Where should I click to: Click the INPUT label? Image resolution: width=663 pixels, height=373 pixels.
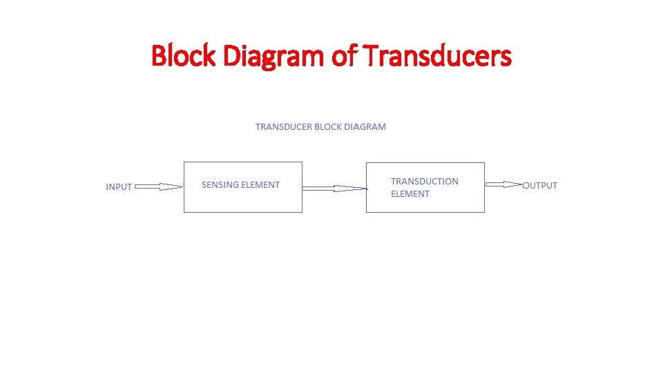119,187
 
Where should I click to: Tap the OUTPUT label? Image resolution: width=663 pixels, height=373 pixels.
540,185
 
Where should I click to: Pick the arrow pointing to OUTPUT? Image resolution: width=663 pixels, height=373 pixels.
503,184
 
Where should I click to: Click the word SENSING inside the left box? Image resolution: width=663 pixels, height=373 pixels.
219,185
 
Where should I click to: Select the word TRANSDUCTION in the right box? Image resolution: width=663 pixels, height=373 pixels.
424,182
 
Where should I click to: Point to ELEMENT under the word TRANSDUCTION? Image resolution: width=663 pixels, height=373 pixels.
410,194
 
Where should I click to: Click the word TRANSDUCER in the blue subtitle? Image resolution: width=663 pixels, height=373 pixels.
283,127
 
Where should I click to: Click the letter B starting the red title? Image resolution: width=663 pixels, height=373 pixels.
158,56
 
